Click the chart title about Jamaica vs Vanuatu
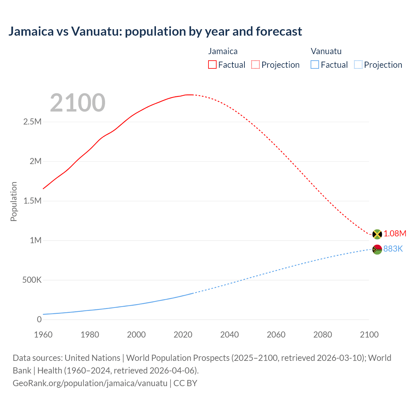(x=155, y=31)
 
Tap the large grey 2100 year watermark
(x=77, y=103)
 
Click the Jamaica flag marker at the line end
(x=377, y=234)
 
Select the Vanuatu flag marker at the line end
(x=377, y=250)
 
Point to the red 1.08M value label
(x=395, y=234)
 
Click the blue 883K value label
(x=393, y=249)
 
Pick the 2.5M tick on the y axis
(x=32, y=122)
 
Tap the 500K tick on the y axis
(x=32, y=280)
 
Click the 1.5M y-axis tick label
(x=32, y=201)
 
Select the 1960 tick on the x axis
(x=43, y=335)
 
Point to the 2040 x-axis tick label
(x=230, y=335)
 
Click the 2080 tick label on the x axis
(x=323, y=335)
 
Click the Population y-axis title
(x=14, y=201)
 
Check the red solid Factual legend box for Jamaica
(x=212, y=65)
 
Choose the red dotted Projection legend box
(x=255, y=65)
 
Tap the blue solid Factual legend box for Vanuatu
(x=315, y=65)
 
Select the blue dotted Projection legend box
(x=358, y=65)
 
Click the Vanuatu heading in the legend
(x=326, y=51)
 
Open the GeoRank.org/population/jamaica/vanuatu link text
(x=90, y=383)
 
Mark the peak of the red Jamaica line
(x=189, y=95)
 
